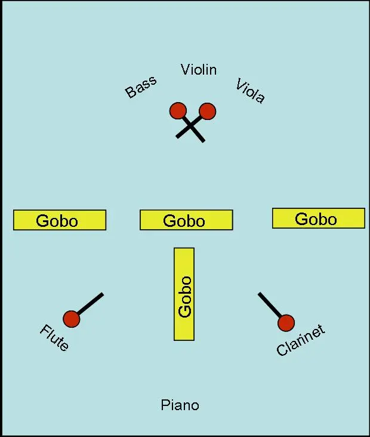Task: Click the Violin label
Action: (x=199, y=70)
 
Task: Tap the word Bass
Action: (x=141, y=87)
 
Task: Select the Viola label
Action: (x=250, y=91)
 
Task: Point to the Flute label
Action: (x=54, y=338)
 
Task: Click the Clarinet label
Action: (x=300, y=341)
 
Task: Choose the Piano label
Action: (x=180, y=405)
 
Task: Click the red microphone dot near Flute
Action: (x=72, y=319)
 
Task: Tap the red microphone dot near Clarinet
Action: (x=286, y=322)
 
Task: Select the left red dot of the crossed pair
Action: (x=178, y=111)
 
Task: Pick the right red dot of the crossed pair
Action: (x=207, y=111)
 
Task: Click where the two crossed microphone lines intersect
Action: (x=191, y=127)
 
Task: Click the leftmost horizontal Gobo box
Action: (x=60, y=220)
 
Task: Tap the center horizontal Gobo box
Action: (x=186, y=220)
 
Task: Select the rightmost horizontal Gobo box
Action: (x=318, y=218)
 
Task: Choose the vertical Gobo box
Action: (x=184, y=294)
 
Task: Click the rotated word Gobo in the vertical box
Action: (x=184, y=297)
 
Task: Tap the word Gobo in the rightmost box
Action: (x=316, y=219)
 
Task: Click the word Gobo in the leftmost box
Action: (x=57, y=221)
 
